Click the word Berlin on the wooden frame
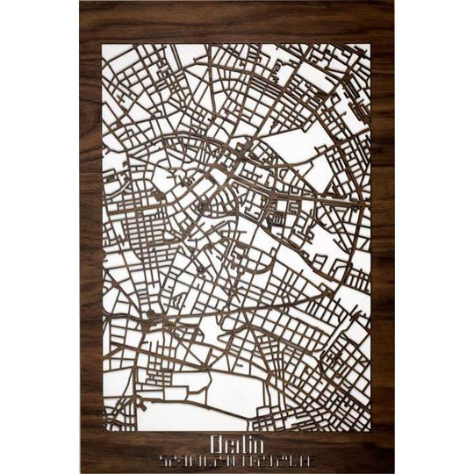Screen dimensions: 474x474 click(x=237, y=442)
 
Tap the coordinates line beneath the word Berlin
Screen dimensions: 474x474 click(x=237, y=459)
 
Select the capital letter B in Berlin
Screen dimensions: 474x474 click(x=216, y=442)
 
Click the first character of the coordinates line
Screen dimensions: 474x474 click(x=163, y=459)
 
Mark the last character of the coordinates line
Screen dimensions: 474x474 click(x=311, y=459)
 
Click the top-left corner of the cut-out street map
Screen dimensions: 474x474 click(x=104, y=45)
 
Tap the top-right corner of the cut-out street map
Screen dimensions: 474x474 click(x=370, y=45)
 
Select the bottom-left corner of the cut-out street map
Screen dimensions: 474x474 click(x=104, y=430)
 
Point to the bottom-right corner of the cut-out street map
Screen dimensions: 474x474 click(x=370, y=430)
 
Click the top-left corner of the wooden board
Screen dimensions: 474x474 click(x=80, y=2)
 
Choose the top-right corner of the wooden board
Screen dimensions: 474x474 click(x=394, y=2)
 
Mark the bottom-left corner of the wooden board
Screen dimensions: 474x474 click(x=80, y=472)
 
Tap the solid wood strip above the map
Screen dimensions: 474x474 click(x=237, y=23)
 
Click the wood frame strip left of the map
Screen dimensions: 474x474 click(x=91, y=237)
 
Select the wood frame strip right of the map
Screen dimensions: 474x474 click(x=382, y=237)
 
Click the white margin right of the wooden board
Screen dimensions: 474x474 click(x=434, y=237)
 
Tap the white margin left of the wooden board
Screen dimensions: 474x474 click(x=39, y=237)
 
